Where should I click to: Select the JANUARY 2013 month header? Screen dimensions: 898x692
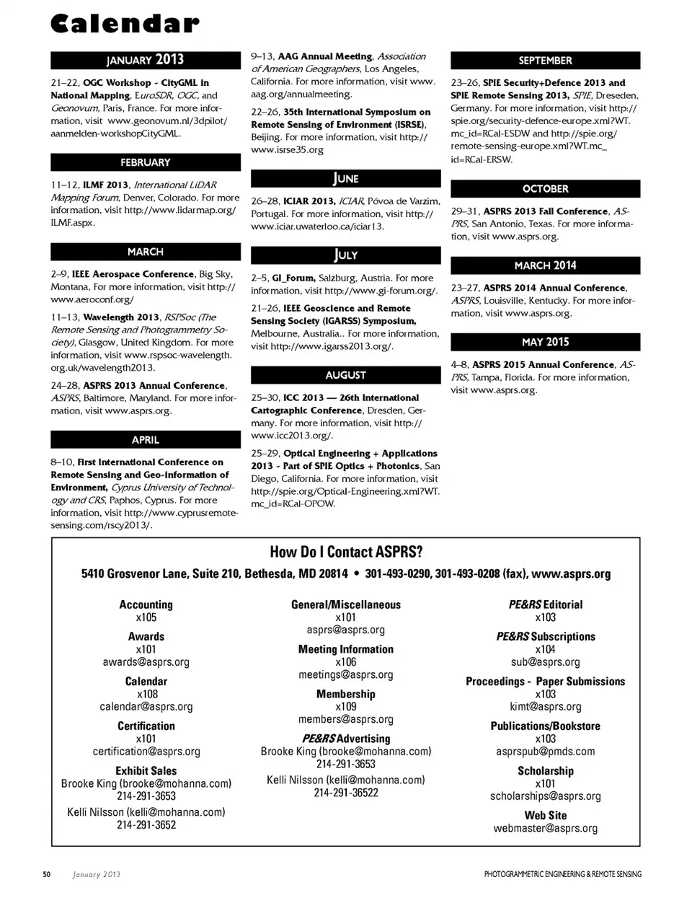pyautogui.click(x=145, y=60)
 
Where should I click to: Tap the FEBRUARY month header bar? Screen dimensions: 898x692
pyautogui.click(x=145, y=162)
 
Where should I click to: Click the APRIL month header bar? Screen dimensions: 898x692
pyautogui.click(x=145, y=439)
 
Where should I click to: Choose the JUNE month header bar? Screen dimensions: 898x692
pyautogui.click(x=345, y=179)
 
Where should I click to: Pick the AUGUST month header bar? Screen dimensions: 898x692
pyautogui.click(x=345, y=375)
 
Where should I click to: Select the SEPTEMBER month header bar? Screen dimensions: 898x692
pyautogui.click(x=545, y=61)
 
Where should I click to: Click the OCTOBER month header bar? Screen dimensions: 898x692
pyautogui.click(x=545, y=189)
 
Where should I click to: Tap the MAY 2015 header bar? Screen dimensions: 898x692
pyautogui.click(x=545, y=342)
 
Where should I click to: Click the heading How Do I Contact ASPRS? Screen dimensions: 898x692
pyautogui.click(x=346, y=552)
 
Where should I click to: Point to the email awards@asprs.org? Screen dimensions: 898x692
pyautogui.click(x=146, y=661)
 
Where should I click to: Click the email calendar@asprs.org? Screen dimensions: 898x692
pyautogui.click(x=146, y=706)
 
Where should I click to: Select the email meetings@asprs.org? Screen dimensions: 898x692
pyautogui.click(x=346, y=674)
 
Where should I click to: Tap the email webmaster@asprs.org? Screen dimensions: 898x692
pyautogui.click(x=545, y=828)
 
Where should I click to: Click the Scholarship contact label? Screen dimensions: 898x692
pyautogui.click(x=545, y=770)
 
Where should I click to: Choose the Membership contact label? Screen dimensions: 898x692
pyautogui.click(x=346, y=694)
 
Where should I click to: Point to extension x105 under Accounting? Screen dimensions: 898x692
pyautogui.click(x=146, y=617)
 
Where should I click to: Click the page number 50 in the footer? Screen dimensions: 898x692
pyautogui.click(x=47, y=874)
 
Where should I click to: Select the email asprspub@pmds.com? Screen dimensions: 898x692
pyautogui.click(x=545, y=751)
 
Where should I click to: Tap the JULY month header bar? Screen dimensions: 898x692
pyautogui.click(x=345, y=255)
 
